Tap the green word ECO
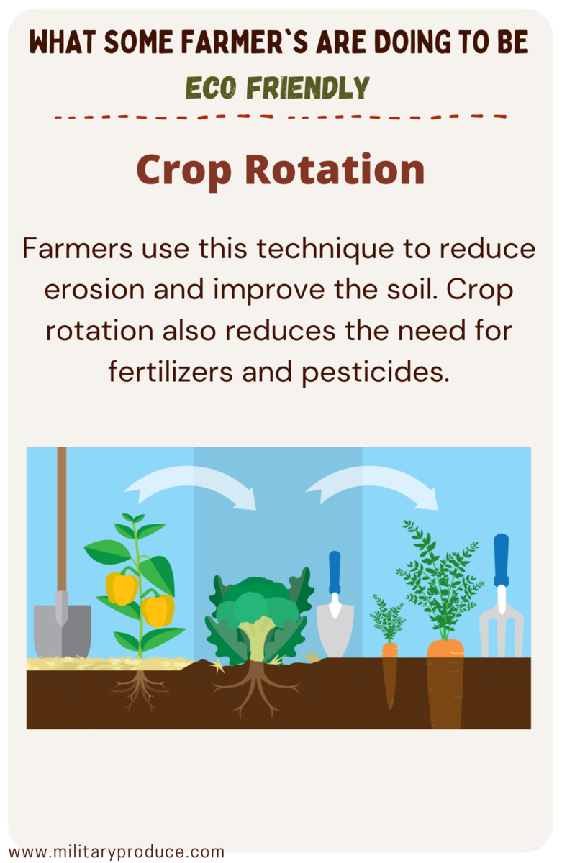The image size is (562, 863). (x=211, y=88)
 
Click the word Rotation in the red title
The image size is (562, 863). (x=335, y=169)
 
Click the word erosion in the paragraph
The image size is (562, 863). (x=94, y=289)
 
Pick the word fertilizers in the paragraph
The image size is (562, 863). (x=171, y=371)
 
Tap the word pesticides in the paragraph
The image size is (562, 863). (x=376, y=373)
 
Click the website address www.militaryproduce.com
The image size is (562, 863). (x=117, y=851)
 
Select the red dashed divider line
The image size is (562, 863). (x=280, y=117)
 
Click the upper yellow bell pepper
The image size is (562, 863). (x=122, y=588)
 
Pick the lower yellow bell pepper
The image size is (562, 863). (x=158, y=611)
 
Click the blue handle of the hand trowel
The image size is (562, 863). (x=335, y=572)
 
